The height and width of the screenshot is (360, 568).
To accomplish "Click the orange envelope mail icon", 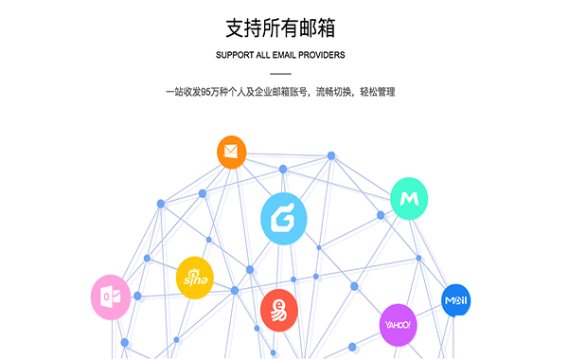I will tap(231, 152).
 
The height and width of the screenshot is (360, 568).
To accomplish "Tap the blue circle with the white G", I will tap(284, 219).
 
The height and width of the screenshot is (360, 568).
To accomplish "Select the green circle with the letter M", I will tap(409, 198).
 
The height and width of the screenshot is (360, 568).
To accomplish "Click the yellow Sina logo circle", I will tap(195, 278).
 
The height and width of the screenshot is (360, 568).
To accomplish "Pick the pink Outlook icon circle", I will tap(110, 297).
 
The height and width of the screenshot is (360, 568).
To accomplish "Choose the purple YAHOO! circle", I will tap(398, 325).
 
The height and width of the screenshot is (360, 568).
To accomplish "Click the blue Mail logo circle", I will tap(456, 301).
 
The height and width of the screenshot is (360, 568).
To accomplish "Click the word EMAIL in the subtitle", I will tap(292, 55).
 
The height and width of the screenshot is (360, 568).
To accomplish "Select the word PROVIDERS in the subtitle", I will tap(324, 55).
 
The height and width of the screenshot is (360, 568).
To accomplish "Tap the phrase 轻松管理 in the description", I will tap(376, 92).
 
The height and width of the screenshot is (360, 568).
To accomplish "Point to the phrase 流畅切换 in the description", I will tap(328, 92).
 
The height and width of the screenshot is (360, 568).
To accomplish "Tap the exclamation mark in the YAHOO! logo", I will tap(412, 325).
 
